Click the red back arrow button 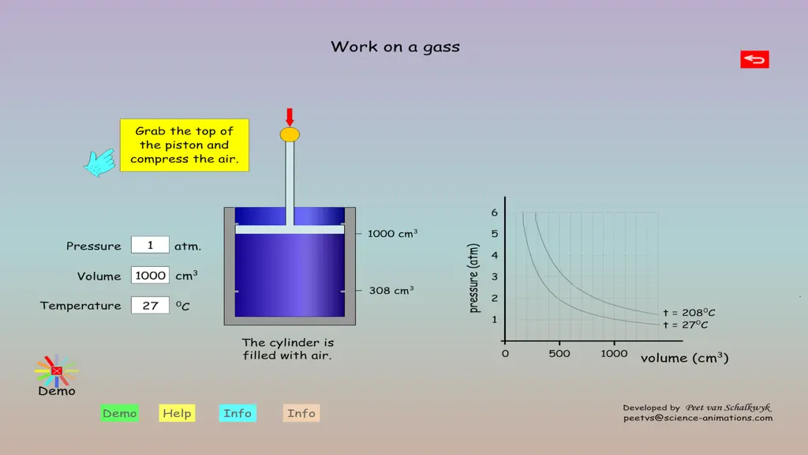tap(754, 59)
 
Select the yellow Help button tap(177, 413)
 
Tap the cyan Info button tap(238, 413)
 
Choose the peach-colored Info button tap(301, 413)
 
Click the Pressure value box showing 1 tap(150, 245)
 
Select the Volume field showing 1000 tap(150, 276)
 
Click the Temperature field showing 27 tap(150, 306)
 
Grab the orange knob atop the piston tap(290, 134)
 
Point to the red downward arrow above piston tap(290, 117)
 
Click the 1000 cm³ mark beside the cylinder tap(392, 234)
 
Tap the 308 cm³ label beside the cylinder tap(391, 291)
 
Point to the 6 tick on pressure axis tap(495, 212)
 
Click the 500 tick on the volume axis tap(559, 354)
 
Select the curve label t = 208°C tap(689, 313)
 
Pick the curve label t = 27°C tap(686, 325)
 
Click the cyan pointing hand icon tap(99, 163)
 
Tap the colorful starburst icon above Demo tap(57, 370)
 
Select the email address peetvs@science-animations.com tap(698, 419)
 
